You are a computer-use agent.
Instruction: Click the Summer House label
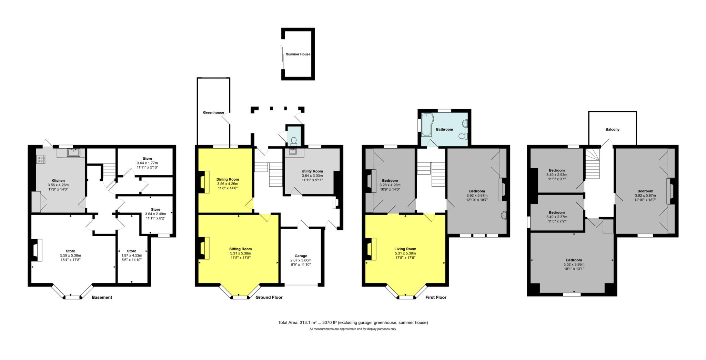[x=298, y=54]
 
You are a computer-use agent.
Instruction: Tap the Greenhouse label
[x=213, y=112]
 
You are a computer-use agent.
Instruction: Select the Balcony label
[x=612, y=130]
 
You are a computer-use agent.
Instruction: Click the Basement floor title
[x=102, y=297]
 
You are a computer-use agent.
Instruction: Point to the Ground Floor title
[x=269, y=297]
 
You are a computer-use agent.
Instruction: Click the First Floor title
[x=436, y=297]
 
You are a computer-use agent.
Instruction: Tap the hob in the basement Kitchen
[x=41, y=159]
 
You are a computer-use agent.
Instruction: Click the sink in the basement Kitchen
[x=74, y=153]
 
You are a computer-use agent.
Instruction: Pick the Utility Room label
[x=312, y=171]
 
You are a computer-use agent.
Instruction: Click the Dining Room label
[x=228, y=179]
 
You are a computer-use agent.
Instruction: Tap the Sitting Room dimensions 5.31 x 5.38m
[x=241, y=253]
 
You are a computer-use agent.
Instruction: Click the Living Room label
[x=405, y=249]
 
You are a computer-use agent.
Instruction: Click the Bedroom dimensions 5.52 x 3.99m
[x=574, y=264]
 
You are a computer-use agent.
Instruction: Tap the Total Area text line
[x=353, y=323]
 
